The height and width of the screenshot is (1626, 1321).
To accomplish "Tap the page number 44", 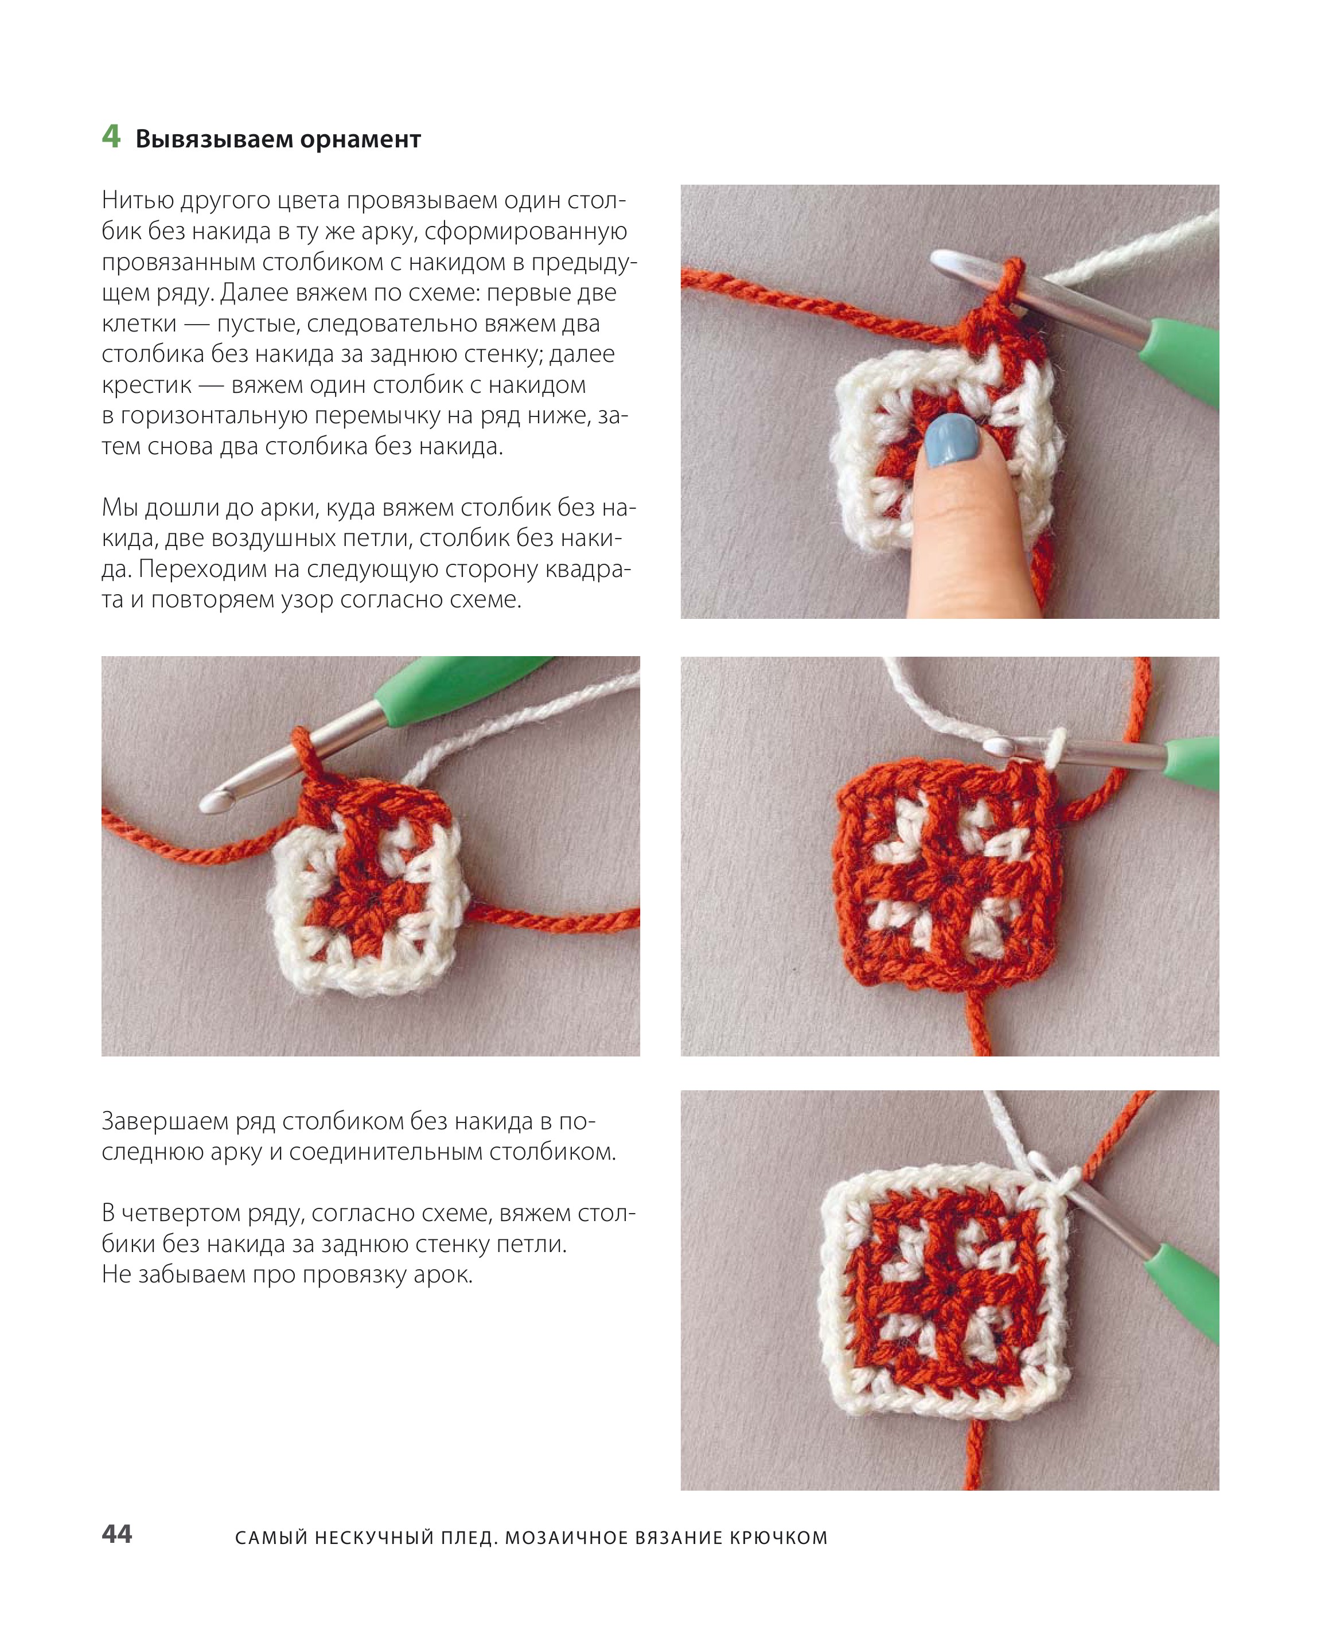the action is (117, 1534).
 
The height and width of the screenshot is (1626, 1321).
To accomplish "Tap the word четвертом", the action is (182, 1213).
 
